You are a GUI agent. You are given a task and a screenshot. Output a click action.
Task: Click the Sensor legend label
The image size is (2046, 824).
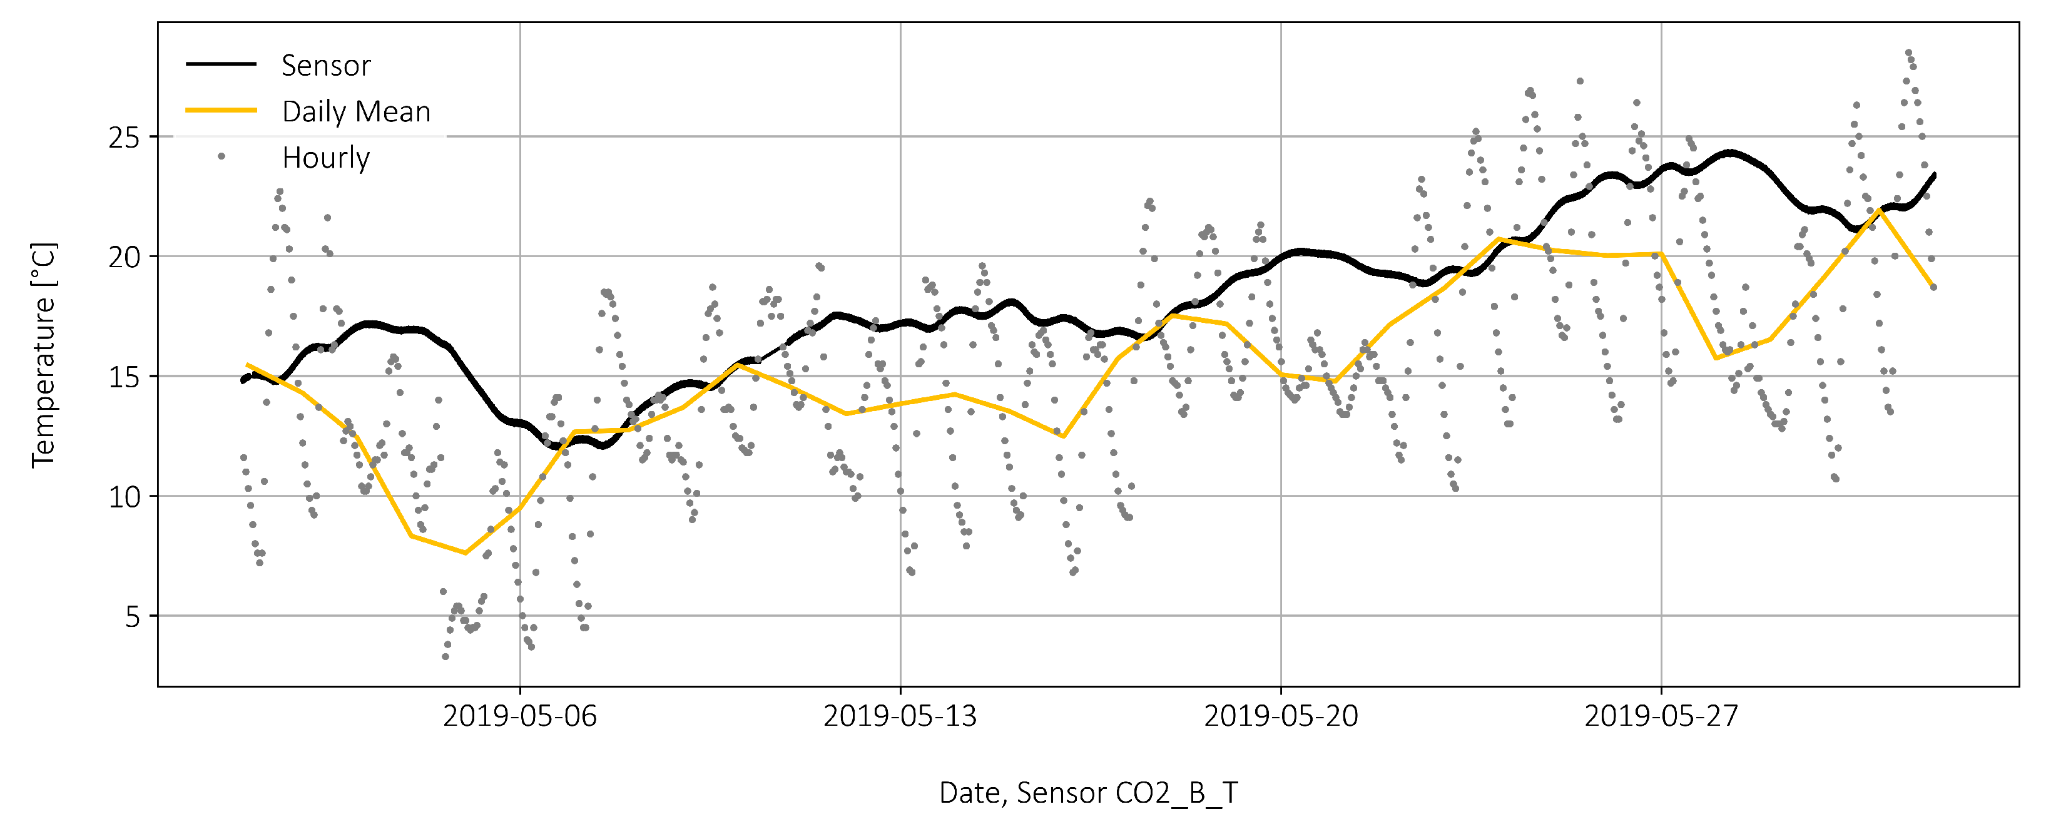[x=325, y=65]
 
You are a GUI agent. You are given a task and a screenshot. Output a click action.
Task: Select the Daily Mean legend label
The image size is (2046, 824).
[x=356, y=111]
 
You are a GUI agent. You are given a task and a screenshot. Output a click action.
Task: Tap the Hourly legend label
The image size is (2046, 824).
[x=325, y=157]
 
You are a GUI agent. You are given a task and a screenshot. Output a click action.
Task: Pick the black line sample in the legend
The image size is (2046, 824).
[x=221, y=64]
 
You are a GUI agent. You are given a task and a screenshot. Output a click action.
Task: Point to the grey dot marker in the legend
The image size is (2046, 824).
[x=221, y=156]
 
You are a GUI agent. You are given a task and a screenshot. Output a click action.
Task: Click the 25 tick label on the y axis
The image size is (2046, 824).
[x=124, y=138]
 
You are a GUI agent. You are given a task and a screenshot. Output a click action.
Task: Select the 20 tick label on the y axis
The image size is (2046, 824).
[x=124, y=257]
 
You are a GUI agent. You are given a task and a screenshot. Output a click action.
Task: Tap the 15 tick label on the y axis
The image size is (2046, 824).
[x=124, y=377]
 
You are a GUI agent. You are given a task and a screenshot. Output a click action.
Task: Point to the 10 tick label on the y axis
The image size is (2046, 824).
[x=124, y=497]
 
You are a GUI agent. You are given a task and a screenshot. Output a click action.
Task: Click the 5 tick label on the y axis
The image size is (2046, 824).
[x=132, y=617]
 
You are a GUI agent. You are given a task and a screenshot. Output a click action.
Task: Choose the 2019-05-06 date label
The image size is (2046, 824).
[x=519, y=716]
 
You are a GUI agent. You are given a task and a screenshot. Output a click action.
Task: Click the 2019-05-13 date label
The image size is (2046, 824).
[x=900, y=716]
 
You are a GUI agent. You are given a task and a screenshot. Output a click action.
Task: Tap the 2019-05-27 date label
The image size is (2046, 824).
[x=1661, y=716]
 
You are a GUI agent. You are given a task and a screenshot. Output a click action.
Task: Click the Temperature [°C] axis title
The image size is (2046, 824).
[x=44, y=355]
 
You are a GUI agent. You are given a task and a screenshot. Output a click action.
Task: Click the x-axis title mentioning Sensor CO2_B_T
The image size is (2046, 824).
[x=1088, y=792]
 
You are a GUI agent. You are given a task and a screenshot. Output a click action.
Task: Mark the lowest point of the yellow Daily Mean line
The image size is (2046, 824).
[x=466, y=553]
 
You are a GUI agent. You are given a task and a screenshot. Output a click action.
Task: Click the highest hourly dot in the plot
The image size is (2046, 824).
[x=1908, y=53]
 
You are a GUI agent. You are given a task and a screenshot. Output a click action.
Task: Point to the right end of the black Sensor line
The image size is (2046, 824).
[x=1934, y=174]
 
